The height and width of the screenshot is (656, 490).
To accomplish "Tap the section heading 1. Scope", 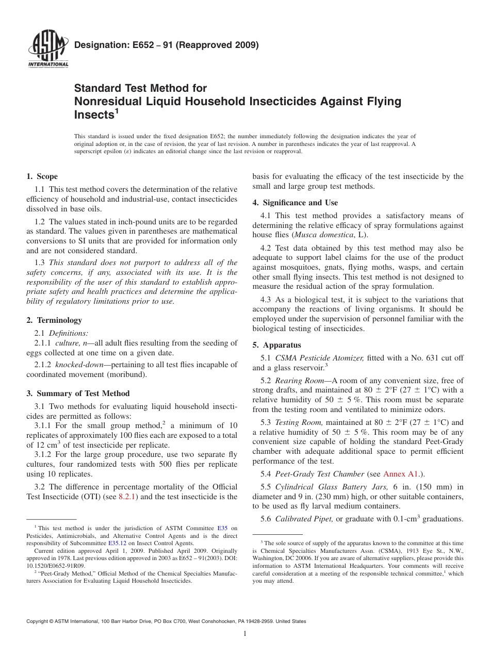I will coord(42,176).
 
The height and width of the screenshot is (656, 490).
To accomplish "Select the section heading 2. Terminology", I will coord(54,320).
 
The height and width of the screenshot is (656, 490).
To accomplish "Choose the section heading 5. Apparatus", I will coord(276,345).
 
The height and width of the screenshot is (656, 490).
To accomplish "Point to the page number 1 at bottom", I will coord(245,634).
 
